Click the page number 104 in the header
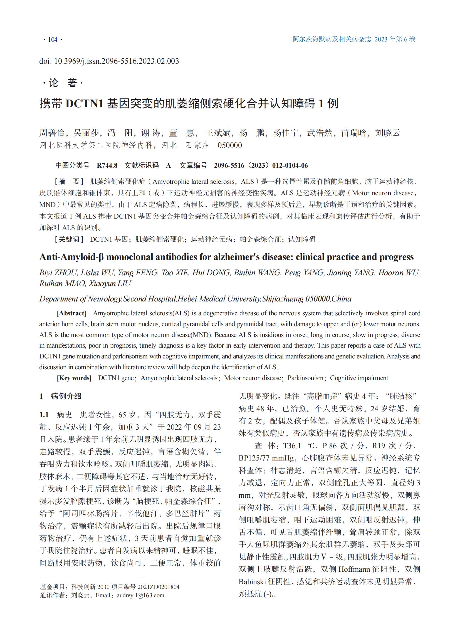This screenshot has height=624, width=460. click(x=53, y=39)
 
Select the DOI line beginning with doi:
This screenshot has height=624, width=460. click(x=109, y=61)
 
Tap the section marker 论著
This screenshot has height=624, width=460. click(x=63, y=83)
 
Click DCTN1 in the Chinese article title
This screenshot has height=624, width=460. click(x=84, y=103)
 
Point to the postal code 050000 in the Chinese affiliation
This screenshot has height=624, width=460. click(x=230, y=145)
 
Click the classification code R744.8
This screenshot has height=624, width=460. click(x=107, y=165)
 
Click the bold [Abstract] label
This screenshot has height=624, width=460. click(x=71, y=313)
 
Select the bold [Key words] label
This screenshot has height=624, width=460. click(x=74, y=378)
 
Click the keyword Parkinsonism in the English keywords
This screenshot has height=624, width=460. click(x=305, y=378)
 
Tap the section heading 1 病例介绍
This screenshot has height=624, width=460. click(x=60, y=396)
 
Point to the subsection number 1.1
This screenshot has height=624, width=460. click(x=44, y=415)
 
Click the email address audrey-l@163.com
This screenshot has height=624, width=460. click(x=140, y=595)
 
